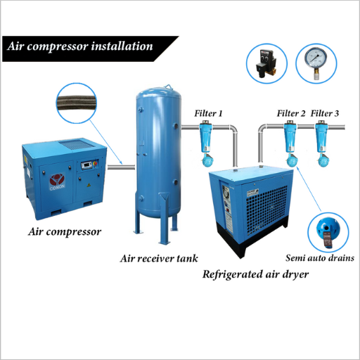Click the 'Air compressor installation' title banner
[91, 49]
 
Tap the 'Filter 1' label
[208, 113]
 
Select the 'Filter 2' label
[291, 113]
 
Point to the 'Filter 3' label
[325, 113]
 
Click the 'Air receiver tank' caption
[159, 259]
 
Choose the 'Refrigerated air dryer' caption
[255, 274]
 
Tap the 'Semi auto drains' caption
[320, 258]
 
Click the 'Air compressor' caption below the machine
[65, 232]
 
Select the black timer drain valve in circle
[266, 63]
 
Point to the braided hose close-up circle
[77, 103]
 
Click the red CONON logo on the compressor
[57, 181]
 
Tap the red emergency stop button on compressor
[95, 163]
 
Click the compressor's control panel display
[86, 165]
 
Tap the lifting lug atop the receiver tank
[168, 86]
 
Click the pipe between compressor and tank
[121, 167]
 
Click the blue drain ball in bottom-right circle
[328, 231]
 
